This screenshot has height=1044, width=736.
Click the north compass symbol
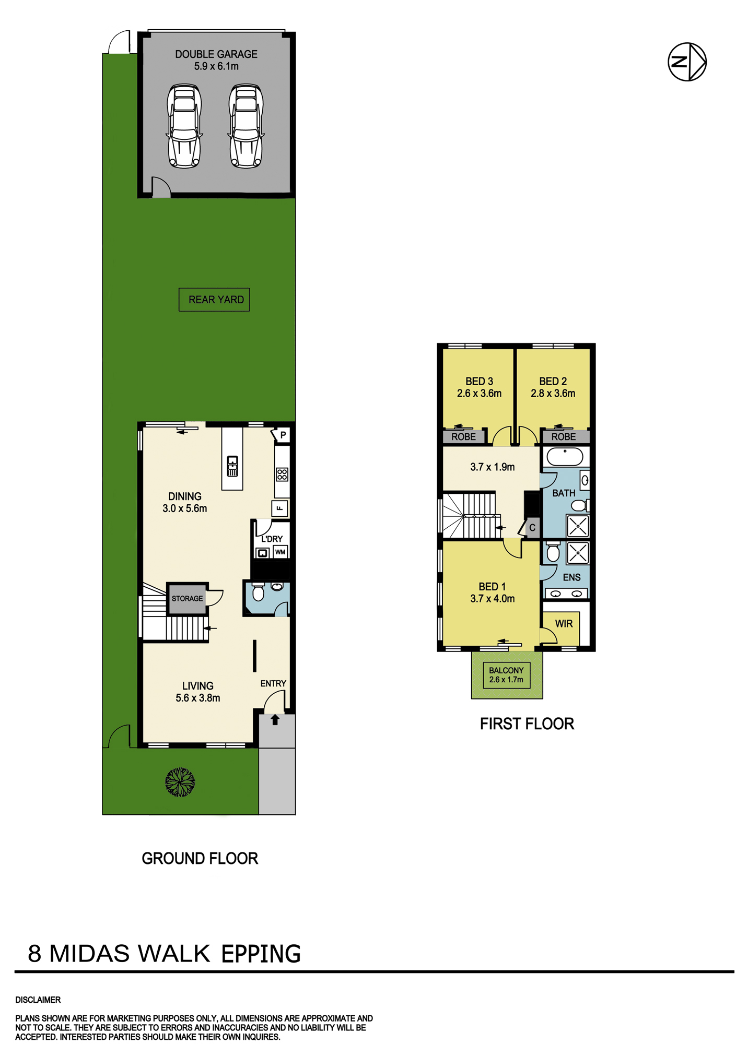(x=687, y=62)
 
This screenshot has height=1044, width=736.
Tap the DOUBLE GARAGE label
(x=216, y=54)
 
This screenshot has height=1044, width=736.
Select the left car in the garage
(x=184, y=126)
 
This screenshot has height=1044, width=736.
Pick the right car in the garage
(x=246, y=126)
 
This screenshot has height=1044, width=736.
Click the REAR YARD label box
(x=214, y=300)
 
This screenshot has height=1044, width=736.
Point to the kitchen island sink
(x=232, y=466)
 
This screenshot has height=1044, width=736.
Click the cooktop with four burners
(x=282, y=474)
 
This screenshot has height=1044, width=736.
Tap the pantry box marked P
(x=282, y=435)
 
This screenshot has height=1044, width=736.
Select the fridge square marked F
(x=280, y=508)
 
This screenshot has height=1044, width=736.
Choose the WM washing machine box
(x=281, y=552)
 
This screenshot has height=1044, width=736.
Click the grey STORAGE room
(x=187, y=598)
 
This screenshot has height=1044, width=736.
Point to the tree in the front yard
(x=180, y=782)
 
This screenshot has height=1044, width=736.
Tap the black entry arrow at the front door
(x=275, y=720)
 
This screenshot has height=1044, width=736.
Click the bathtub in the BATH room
(x=565, y=457)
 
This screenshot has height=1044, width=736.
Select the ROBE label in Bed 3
(x=464, y=437)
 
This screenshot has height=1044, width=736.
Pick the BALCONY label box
(x=506, y=675)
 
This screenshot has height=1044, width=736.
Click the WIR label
(x=564, y=624)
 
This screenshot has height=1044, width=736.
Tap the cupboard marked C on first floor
(x=532, y=528)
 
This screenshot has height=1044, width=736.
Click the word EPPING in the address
(x=261, y=954)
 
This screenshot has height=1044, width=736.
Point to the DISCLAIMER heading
(x=38, y=1000)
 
